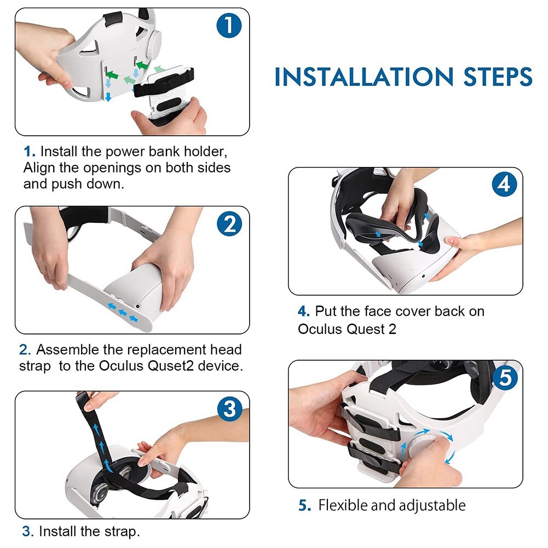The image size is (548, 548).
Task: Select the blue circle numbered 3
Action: pos(229,409)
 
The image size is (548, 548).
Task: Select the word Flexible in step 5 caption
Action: pos(343,505)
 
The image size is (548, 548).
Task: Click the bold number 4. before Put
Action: pos(303,312)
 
